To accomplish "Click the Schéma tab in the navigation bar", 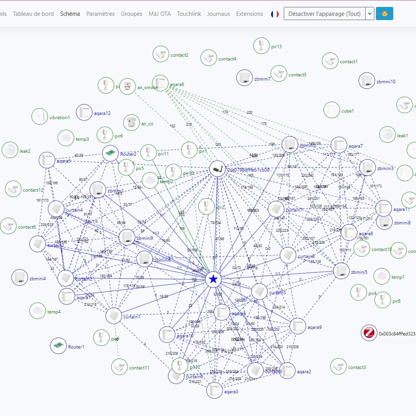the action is tap(70, 14).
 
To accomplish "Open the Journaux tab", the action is tap(218, 14).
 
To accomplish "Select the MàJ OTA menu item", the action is tap(159, 14).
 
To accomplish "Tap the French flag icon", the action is tap(275, 14).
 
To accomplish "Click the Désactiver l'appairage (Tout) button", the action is tap(324, 14).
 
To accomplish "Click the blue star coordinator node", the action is tap(213, 280).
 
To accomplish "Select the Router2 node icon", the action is tap(110, 153).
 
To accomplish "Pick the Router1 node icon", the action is tap(59, 345).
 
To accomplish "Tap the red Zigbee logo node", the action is tap(369, 333).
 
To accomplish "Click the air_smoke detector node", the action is tap(128, 86).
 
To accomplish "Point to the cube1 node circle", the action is tap(332, 110).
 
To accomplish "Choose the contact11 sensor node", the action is tap(120, 367).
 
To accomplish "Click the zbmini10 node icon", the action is tap(367, 81).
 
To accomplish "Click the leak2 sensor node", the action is tap(10, 150).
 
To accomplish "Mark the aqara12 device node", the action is tap(84, 113).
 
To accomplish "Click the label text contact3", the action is tap(357, 367).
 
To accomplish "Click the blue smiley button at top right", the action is tap(384, 14).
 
